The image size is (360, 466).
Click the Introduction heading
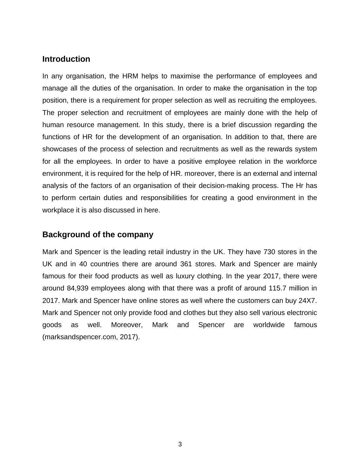tap(66, 59)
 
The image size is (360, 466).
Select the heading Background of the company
tap(98, 235)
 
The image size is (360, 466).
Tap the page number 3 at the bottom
tap(180, 444)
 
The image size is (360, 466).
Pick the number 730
tap(269, 252)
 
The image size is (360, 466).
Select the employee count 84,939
tap(78, 288)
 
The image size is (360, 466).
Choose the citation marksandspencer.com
tap(80, 337)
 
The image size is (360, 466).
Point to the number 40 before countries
tap(83, 264)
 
